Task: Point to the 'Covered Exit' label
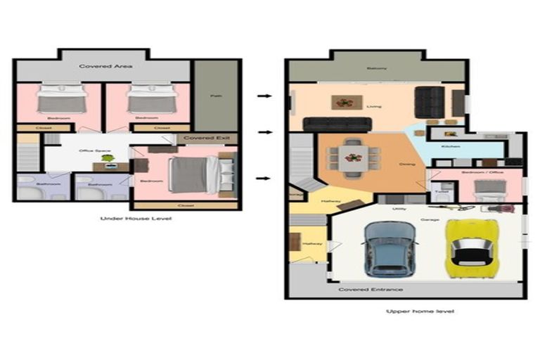click(201, 139)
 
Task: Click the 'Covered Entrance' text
click(371, 289)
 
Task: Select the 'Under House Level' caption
click(127, 219)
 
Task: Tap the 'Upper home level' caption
click(410, 311)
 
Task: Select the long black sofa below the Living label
click(337, 124)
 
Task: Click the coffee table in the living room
click(345, 103)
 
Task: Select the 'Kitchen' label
click(450, 146)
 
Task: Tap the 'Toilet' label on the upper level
click(441, 191)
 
